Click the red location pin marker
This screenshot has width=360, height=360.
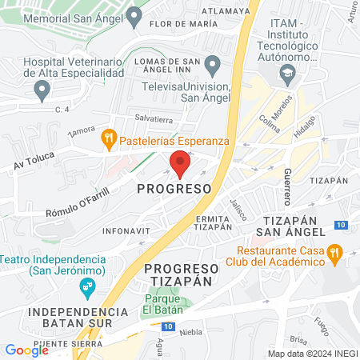[x=180, y=164]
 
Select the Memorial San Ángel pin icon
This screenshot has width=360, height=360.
[x=134, y=14]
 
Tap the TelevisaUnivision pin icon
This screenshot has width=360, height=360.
[x=212, y=64]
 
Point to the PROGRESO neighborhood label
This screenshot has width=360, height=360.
[x=174, y=189]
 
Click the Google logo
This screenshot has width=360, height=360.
[x=26, y=350]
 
